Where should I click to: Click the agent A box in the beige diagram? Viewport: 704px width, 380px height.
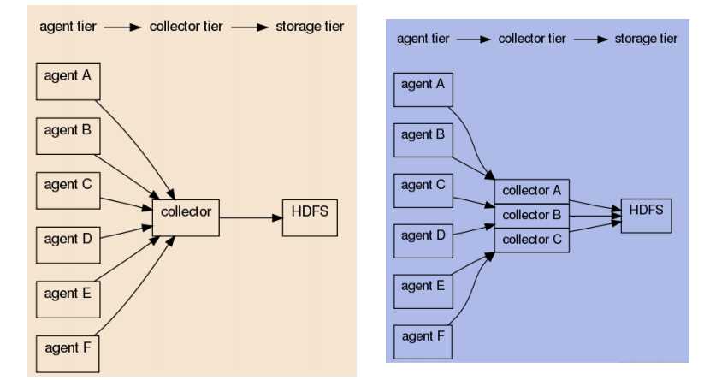(68, 81)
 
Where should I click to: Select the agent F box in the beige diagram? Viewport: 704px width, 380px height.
(68, 348)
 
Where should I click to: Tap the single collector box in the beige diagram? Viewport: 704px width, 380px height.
(186, 217)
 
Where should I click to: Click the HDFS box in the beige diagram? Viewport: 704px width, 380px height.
(311, 217)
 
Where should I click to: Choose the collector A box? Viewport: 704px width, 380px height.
(532, 190)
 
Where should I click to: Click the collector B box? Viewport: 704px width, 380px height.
(532, 215)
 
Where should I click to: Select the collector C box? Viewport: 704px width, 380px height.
(532, 240)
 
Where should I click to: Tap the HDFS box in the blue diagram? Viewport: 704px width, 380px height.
(646, 215)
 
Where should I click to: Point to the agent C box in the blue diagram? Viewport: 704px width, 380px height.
(423, 190)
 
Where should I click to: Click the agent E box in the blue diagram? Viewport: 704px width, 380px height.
(423, 292)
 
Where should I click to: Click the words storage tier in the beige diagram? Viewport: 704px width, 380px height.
(310, 27)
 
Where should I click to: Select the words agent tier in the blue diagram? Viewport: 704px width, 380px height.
(423, 39)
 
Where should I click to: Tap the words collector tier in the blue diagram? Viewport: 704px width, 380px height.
(532, 39)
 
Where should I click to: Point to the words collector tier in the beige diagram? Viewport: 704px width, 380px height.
(186, 27)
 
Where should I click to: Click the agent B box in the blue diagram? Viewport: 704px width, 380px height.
(423, 140)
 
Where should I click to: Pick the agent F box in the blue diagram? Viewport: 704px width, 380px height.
(423, 341)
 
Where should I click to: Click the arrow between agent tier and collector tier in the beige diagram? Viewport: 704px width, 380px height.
(122, 27)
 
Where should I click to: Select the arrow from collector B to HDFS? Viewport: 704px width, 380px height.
(595, 217)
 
